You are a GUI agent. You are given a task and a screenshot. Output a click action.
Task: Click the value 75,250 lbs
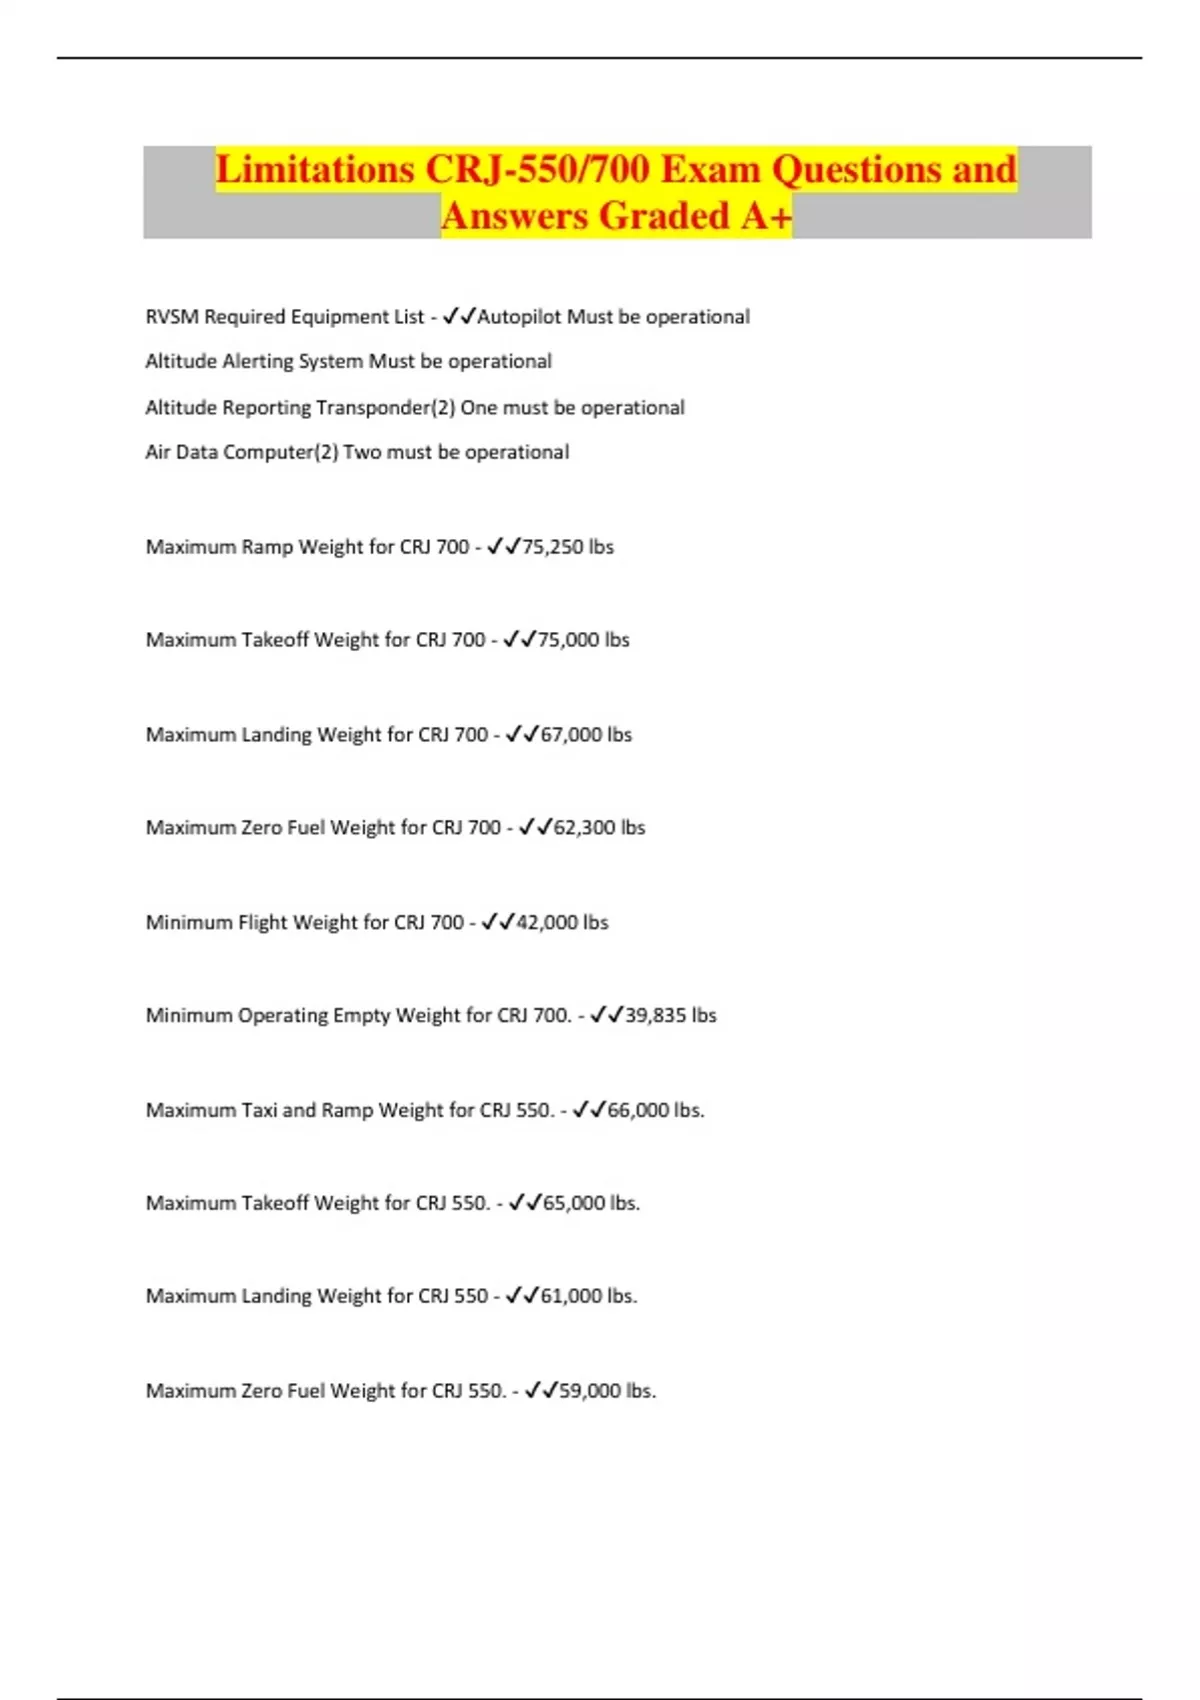[568, 547]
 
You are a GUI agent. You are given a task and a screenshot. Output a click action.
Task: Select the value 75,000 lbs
[584, 640]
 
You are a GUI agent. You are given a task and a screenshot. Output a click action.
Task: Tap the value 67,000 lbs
[586, 735]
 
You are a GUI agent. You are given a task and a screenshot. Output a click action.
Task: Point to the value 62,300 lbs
[599, 828]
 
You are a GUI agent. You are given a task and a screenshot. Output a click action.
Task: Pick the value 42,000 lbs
[562, 922]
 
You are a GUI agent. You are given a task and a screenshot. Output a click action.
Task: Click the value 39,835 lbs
[670, 1016]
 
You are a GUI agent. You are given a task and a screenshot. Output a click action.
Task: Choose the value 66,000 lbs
[655, 1110]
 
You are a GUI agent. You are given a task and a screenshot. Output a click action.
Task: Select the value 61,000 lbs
[588, 1296]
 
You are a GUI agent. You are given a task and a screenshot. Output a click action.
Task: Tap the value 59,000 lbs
[607, 1391]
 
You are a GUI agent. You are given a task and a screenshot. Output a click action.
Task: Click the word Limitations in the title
[315, 169]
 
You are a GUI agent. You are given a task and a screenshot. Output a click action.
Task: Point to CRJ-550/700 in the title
[537, 169]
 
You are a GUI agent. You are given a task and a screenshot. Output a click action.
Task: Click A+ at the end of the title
[766, 216]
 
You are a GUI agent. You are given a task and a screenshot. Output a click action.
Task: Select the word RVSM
[172, 317]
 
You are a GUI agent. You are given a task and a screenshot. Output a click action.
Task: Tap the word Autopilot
[519, 317]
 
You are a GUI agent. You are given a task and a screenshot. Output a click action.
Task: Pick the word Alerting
[258, 361]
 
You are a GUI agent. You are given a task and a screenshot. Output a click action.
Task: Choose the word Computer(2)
[280, 452]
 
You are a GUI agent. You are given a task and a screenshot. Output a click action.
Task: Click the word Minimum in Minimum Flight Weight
[189, 922]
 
